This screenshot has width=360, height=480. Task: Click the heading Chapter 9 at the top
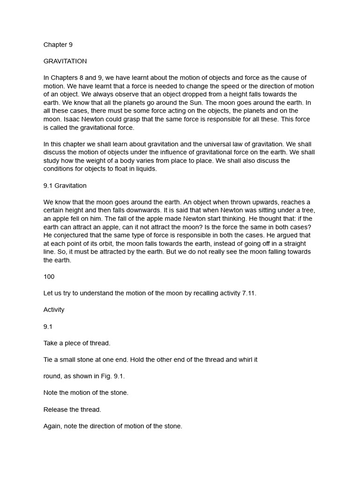tap(58, 45)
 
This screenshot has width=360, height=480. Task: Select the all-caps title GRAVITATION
tap(65, 61)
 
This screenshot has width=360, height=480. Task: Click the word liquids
tap(145, 169)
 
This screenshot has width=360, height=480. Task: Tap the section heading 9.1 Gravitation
tap(65, 186)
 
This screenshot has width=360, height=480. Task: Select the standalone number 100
tap(49, 277)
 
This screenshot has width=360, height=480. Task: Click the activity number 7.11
tap(248, 293)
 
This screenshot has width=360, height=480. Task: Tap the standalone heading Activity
tap(54, 310)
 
